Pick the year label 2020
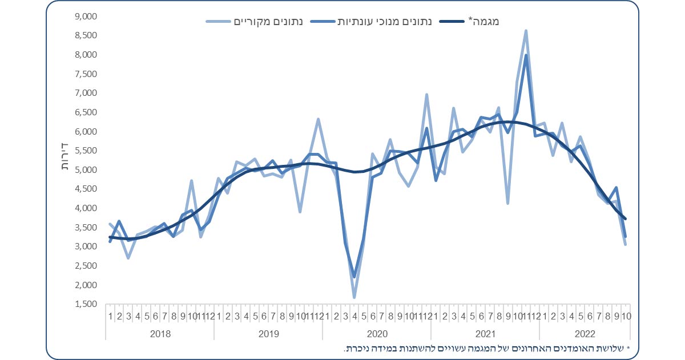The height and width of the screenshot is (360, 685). (376, 333)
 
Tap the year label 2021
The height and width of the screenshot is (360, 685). (485, 333)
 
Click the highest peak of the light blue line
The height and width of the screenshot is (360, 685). (526, 31)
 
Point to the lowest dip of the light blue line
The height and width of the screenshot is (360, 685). (354, 297)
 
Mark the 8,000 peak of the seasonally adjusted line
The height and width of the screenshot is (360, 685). (526, 55)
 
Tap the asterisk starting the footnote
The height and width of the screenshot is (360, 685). (628, 348)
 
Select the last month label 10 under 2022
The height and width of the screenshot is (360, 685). (626, 315)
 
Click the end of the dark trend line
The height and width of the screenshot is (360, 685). (626, 219)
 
